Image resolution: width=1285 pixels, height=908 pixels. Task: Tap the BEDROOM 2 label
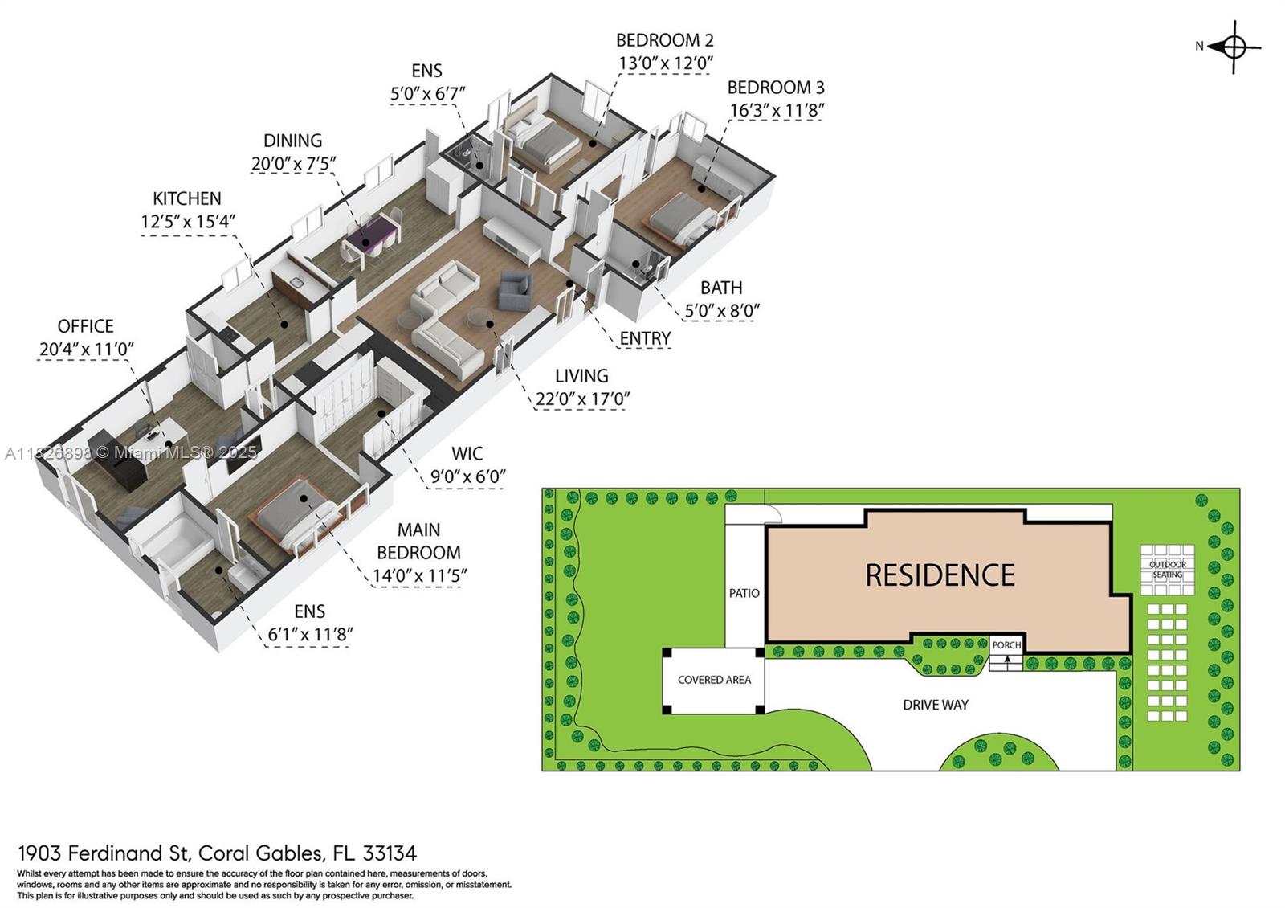665,40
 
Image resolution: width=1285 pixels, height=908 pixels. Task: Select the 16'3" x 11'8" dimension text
777,110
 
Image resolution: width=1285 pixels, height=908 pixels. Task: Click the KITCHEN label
187,198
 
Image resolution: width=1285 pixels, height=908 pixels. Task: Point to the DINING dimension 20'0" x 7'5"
293,164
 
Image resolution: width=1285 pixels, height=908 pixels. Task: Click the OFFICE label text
85,326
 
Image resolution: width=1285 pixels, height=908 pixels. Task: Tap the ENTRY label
646,338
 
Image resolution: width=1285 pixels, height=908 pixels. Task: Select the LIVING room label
581,376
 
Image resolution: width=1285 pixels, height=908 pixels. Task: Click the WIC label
467,453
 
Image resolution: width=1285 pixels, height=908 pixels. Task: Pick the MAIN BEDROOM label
418,541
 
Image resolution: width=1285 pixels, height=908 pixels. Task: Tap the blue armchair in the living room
515,290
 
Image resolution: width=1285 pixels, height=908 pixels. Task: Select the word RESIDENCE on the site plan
940,575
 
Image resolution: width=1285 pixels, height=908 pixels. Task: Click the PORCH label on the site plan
1007,645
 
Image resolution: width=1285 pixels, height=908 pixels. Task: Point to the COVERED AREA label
714,680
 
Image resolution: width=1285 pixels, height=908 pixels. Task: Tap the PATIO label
744,594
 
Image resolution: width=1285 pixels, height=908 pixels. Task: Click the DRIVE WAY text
936,705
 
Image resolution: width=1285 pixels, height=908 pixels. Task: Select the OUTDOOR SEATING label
1168,570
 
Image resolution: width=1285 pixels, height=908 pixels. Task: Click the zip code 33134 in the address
390,853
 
